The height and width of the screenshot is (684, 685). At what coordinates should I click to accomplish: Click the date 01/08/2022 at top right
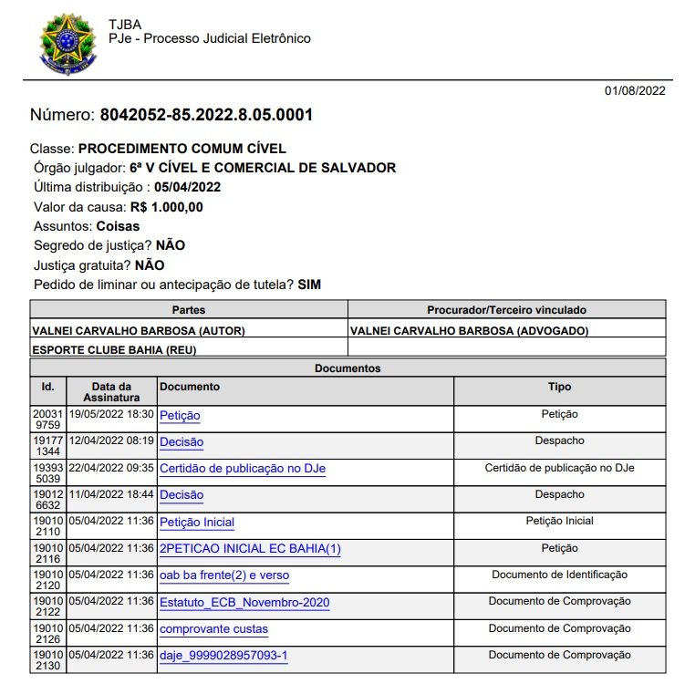pos(635,90)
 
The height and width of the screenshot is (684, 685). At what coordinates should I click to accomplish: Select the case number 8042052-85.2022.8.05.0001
pos(205,115)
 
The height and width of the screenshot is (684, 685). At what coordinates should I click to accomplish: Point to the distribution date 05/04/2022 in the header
pos(187,187)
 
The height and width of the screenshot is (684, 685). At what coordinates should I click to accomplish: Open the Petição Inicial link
pos(197,523)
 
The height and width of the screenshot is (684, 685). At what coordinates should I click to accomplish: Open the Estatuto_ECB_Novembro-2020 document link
pos(244,603)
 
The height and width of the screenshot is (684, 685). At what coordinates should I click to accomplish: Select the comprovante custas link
pos(213,629)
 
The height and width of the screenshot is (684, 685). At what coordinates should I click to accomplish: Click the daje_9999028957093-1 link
pos(223,656)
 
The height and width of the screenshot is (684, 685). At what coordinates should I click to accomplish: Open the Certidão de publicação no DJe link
pos(243,469)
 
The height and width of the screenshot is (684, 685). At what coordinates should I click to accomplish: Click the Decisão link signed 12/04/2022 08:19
pos(182,442)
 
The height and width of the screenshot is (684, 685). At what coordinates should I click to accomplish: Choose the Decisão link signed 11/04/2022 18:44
pos(182,495)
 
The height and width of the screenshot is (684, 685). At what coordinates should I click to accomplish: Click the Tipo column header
pos(559,387)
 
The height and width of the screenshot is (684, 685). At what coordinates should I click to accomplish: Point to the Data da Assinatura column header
pos(111,392)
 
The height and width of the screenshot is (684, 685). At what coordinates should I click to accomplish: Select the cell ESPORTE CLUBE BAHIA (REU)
pos(114,349)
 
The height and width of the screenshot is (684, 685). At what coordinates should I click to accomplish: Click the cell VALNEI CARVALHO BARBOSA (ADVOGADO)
pos(470,330)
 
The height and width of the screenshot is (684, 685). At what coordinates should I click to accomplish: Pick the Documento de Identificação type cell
pos(559,575)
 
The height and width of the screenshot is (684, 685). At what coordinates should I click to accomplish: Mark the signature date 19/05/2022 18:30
pos(111,414)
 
